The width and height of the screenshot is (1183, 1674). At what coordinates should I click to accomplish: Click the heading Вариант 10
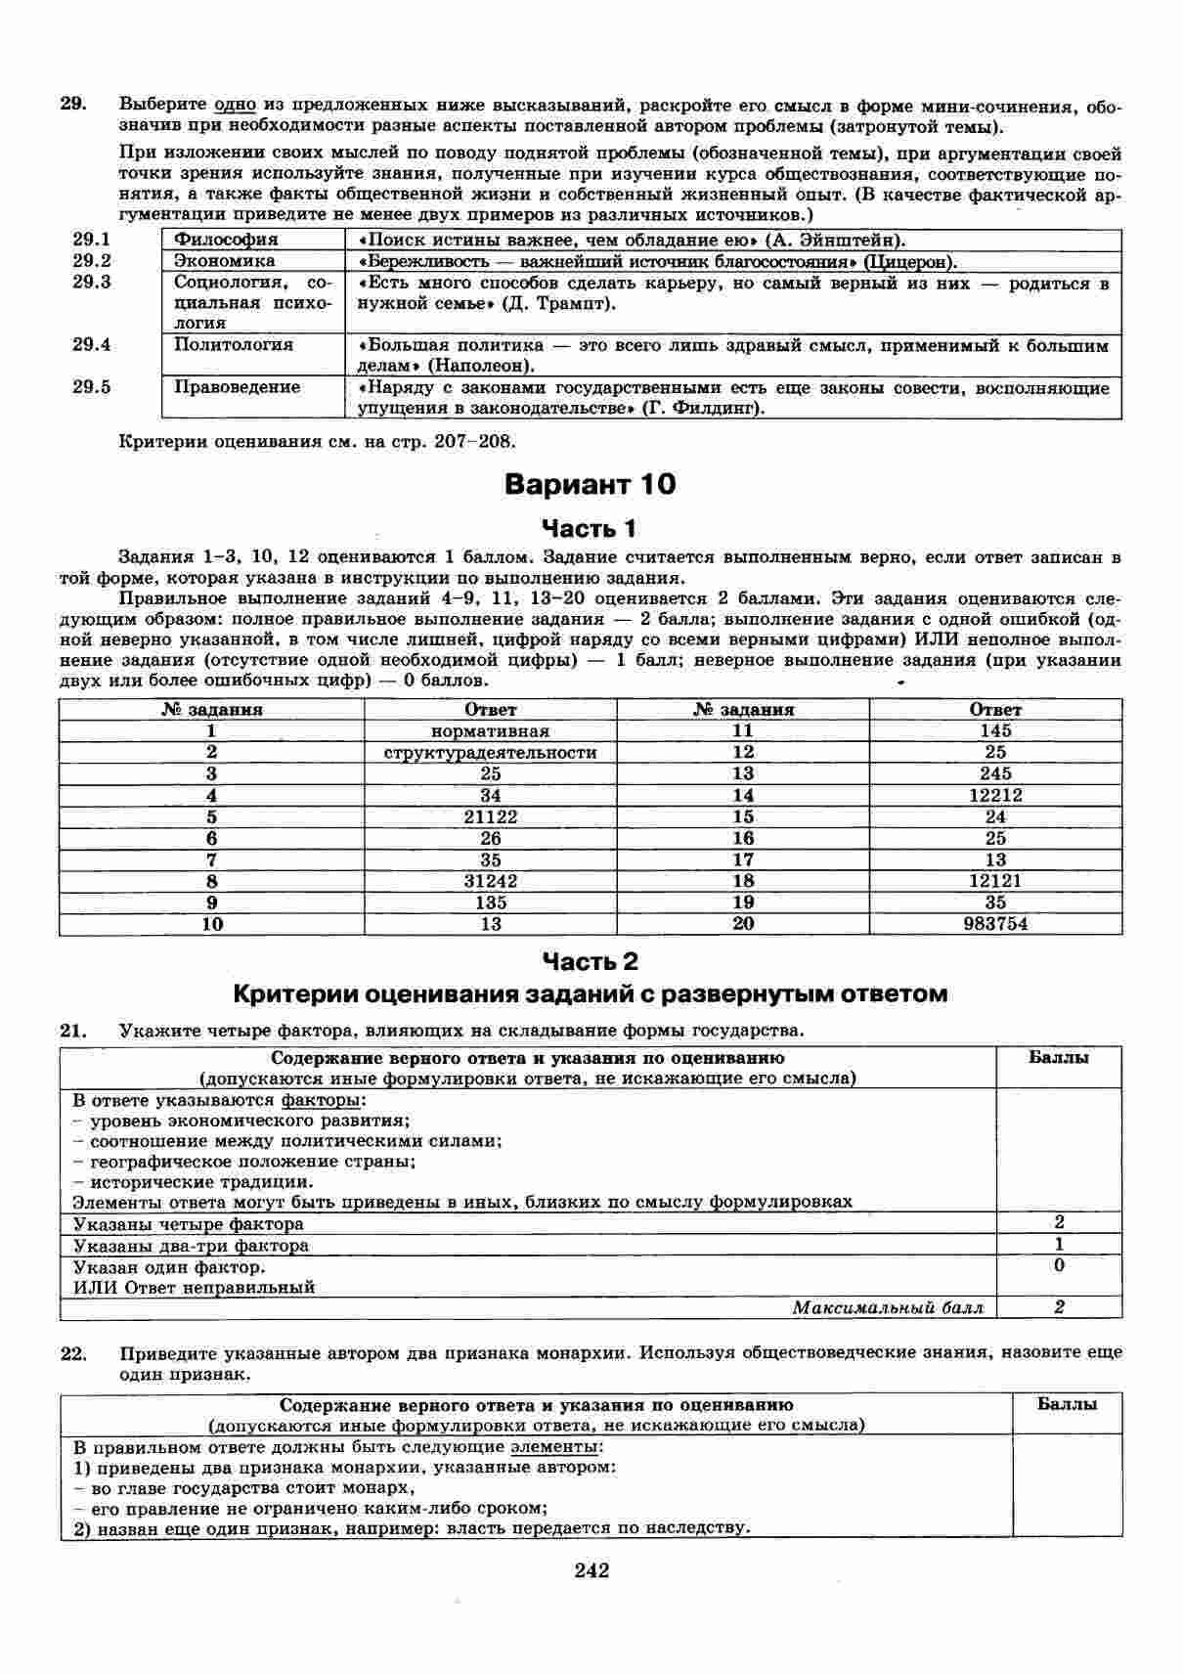[x=591, y=485]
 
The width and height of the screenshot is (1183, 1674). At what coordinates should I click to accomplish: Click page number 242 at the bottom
[x=591, y=1570]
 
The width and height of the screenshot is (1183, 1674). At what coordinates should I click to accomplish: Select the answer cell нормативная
[x=490, y=731]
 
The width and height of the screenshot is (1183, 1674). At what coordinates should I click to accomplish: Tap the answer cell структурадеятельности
[x=490, y=753]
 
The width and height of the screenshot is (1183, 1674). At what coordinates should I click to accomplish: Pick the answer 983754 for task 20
[x=995, y=924]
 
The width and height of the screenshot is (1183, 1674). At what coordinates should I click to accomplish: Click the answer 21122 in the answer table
[x=490, y=816]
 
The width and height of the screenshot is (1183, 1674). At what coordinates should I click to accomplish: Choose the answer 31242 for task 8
[x=490, y=881]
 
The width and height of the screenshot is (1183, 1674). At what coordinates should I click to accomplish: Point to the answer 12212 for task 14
[x=995, y=796]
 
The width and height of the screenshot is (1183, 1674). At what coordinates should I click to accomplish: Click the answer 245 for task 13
[x=995, y=774]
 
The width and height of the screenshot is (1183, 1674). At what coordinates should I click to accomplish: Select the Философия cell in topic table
[x=226, y=240]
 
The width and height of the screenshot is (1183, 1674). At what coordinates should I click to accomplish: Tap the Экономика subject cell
[x=224, y=261]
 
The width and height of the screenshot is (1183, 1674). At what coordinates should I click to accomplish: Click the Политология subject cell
[x=234, y=344]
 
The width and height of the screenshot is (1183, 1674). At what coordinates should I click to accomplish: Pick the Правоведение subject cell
[x=237, y=387]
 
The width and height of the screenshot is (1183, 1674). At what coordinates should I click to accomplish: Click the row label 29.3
[x=92, y=283]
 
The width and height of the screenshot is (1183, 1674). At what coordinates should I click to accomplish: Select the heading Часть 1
[x=590, y=529]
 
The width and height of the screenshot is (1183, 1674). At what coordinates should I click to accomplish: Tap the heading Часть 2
[x=590, y=962]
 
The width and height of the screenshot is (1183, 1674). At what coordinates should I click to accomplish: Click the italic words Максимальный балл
[x=887, y=1307]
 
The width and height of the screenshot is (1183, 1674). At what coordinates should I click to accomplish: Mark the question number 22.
[x=74, y=1353]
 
